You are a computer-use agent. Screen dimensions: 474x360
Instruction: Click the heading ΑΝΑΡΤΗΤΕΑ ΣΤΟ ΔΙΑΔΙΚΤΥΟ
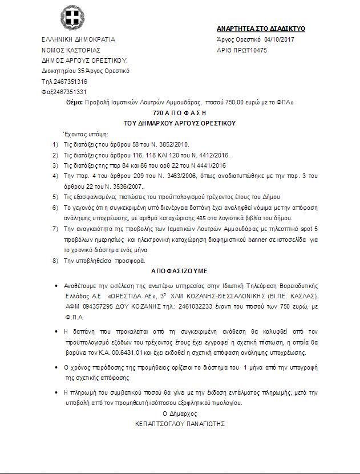[261, 28]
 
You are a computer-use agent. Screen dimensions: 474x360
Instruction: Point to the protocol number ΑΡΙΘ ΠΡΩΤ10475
[242, 50]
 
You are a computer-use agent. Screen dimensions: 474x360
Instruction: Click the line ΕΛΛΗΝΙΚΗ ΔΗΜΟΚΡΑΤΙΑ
[78, 40]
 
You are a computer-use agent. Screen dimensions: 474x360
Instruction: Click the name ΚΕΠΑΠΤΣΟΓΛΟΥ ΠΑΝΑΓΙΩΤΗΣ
[180, 424]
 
